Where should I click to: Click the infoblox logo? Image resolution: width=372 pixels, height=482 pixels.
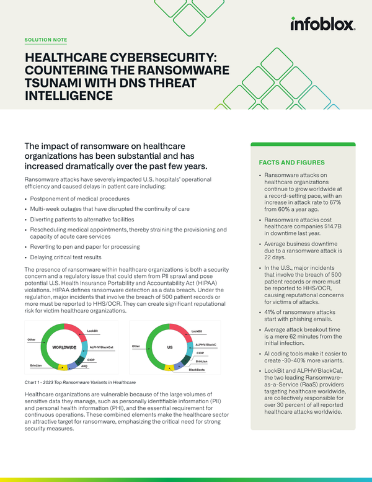(322, 24)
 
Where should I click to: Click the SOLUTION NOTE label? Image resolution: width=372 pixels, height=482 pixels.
(45, 40)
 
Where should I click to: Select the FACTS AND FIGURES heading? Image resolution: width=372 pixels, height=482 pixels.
(287, 163)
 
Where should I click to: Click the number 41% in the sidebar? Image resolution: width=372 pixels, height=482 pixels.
(270, 311)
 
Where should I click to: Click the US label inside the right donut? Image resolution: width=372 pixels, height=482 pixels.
(169, 347)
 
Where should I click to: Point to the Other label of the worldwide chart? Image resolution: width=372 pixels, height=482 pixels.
(32, 339)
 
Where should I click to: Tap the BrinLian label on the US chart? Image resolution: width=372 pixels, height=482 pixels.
(201, 361)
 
